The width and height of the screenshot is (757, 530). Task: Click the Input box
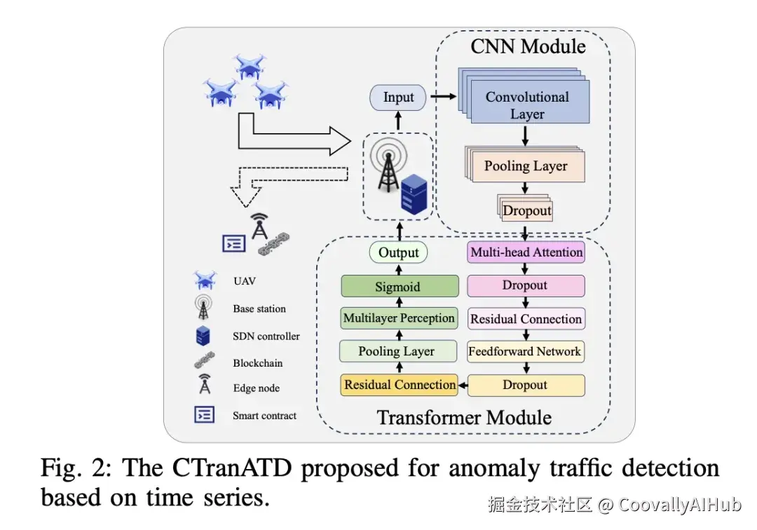pos(398,97)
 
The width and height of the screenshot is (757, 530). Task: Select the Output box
pos(398,252)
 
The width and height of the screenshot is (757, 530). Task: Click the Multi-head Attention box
pos(526,252)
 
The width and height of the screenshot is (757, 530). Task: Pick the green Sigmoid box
pos(400,286)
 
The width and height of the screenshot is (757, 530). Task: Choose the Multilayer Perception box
pos(399,318)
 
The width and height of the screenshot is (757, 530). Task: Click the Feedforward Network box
pos(526,351)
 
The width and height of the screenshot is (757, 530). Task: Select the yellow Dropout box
pos(526,385)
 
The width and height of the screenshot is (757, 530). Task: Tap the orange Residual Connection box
pos(400,385)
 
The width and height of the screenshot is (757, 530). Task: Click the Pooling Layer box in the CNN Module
pos(525,165)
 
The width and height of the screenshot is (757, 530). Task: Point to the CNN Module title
pos(528,46)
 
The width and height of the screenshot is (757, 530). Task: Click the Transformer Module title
pos(464,418)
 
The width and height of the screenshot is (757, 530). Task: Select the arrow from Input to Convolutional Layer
pos(443,97)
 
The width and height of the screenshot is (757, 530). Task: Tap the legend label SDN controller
pos(266,337)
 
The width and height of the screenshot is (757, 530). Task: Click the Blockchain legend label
pos(257,363)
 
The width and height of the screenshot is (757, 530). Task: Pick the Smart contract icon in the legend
pos(204,414)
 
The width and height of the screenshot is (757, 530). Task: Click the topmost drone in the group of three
pos(250,66)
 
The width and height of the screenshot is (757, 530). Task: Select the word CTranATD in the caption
pos(232,468)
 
